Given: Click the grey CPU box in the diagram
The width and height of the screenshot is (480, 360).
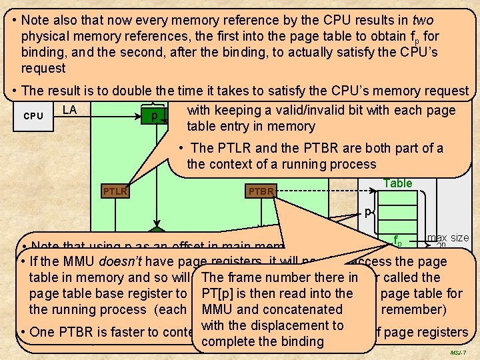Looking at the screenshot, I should (x=33, y=116).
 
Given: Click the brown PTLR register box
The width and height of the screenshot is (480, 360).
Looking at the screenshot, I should (x=115, y=193).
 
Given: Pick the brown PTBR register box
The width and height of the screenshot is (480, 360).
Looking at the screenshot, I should (x=261, y=193).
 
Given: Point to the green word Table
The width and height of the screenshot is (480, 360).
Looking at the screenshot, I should (x=398, y=183).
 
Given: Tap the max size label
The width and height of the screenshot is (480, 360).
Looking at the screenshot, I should (x=447, y=237).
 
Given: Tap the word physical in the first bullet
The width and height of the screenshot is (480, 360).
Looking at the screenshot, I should (x=45, y=36).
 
